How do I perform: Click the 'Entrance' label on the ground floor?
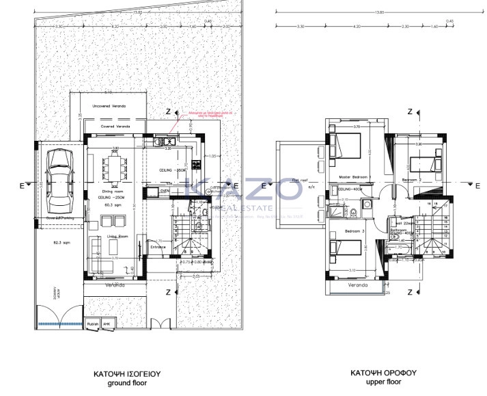[x=158, y=246]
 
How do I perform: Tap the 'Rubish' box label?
[x=93, y=324]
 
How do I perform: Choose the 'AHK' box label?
[x=106, y=324]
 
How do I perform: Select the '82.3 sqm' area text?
[x=63, y=242]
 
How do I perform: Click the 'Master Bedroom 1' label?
[x=354, y=177]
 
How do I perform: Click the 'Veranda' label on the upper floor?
[x=357, y=284]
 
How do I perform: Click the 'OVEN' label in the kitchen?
[x=165, y=191]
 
